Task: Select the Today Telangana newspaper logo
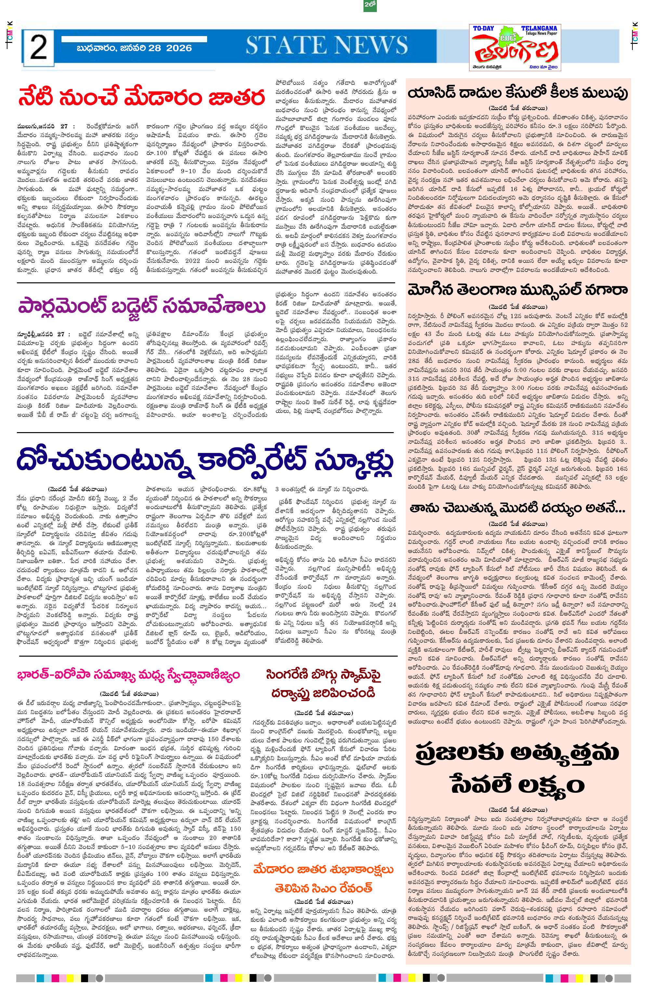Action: click(x=515, y=48)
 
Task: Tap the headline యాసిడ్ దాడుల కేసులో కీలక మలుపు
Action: click(x=518, y=93)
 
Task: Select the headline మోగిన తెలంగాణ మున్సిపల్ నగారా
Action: click(x=518, y=289)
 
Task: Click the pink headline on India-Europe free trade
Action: click(x=128, y=675)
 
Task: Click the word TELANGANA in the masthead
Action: click(x=539, y=28)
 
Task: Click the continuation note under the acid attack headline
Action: click(x=518, y=107)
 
